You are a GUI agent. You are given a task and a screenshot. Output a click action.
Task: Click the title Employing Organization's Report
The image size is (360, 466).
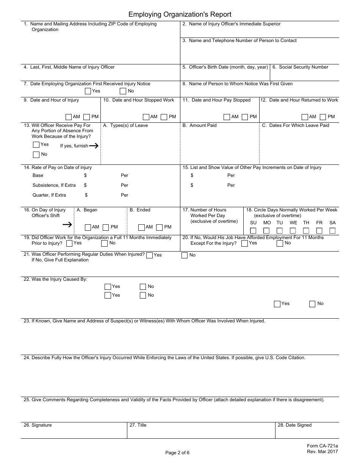(180, 14)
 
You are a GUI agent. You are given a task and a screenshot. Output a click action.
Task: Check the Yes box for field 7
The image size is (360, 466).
(88, 91)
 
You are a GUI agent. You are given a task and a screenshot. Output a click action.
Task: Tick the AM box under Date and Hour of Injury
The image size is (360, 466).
(69, 117)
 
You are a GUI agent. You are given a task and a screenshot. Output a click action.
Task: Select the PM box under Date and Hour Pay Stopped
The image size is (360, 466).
(245, 117)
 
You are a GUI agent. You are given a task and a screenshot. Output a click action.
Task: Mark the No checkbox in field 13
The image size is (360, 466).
(36, 155)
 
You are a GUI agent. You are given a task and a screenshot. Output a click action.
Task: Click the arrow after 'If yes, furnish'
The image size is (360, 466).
(94, 145)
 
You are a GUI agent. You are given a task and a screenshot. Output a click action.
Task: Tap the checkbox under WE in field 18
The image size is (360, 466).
(293, 231)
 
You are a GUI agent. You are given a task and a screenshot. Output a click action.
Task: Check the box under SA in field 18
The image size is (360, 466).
(332, 231)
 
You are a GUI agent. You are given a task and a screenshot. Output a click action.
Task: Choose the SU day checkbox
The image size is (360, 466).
(253, 231)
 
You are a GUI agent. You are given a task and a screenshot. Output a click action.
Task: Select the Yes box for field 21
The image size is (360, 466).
(149, 255)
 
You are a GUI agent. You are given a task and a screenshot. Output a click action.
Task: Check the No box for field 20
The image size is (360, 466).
(280, 244)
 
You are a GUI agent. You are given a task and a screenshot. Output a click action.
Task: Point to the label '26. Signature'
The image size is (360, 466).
(38, 425)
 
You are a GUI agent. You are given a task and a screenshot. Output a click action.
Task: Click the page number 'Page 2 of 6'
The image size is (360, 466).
(177, 452)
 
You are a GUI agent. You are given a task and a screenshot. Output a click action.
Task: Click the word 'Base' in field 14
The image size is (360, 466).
(38, 175)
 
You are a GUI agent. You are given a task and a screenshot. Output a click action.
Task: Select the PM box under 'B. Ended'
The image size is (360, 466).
(159, 227)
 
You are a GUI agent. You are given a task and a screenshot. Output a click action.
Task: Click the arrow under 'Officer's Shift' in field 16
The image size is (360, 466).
(67, 225)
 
